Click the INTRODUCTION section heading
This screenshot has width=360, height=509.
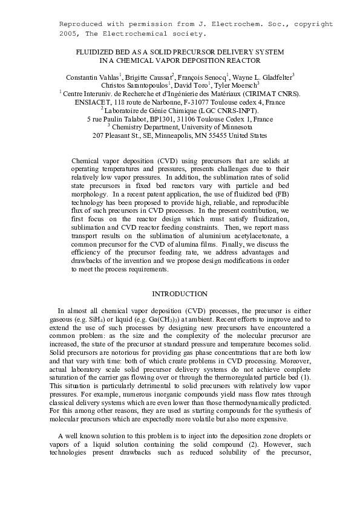point(180,294)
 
